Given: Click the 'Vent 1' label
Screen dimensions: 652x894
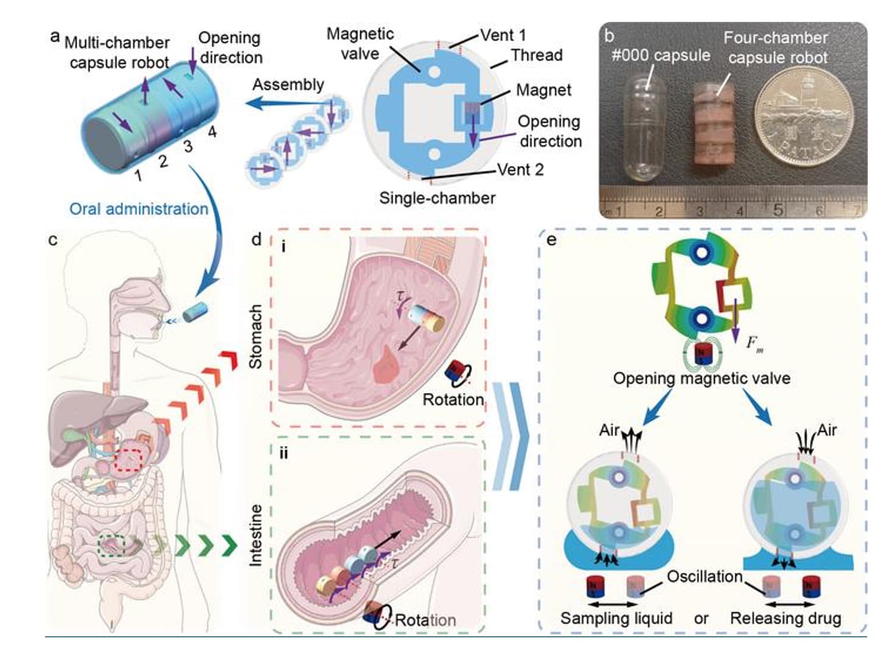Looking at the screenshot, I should click(503, 35).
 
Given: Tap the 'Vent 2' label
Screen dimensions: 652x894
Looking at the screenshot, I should click(520, 170).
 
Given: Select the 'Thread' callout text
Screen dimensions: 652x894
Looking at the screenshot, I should click(536, 55).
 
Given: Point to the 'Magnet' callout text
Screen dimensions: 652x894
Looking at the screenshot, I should click(543, 90).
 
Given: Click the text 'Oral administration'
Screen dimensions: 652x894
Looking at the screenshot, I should click(139, 209).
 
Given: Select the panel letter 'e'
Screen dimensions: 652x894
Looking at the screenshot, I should click(552, 240).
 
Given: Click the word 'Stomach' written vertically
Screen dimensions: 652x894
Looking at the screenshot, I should click(256, 336).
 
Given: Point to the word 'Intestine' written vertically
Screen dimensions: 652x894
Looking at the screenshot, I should click(256, 535).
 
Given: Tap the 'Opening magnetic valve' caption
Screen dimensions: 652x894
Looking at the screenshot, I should click(701, 378).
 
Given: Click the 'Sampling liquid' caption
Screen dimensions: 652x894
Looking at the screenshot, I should click(616, 619).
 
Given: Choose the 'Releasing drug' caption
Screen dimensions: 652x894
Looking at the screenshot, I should click(785, 619).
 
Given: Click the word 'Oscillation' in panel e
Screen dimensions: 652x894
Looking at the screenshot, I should click(704, 576).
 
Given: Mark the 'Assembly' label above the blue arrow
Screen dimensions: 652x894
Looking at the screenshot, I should click(288, 85).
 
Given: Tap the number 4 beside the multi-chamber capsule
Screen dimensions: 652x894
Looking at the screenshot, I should click(212, 131).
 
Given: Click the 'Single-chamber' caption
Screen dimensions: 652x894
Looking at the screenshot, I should click(437, 198).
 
